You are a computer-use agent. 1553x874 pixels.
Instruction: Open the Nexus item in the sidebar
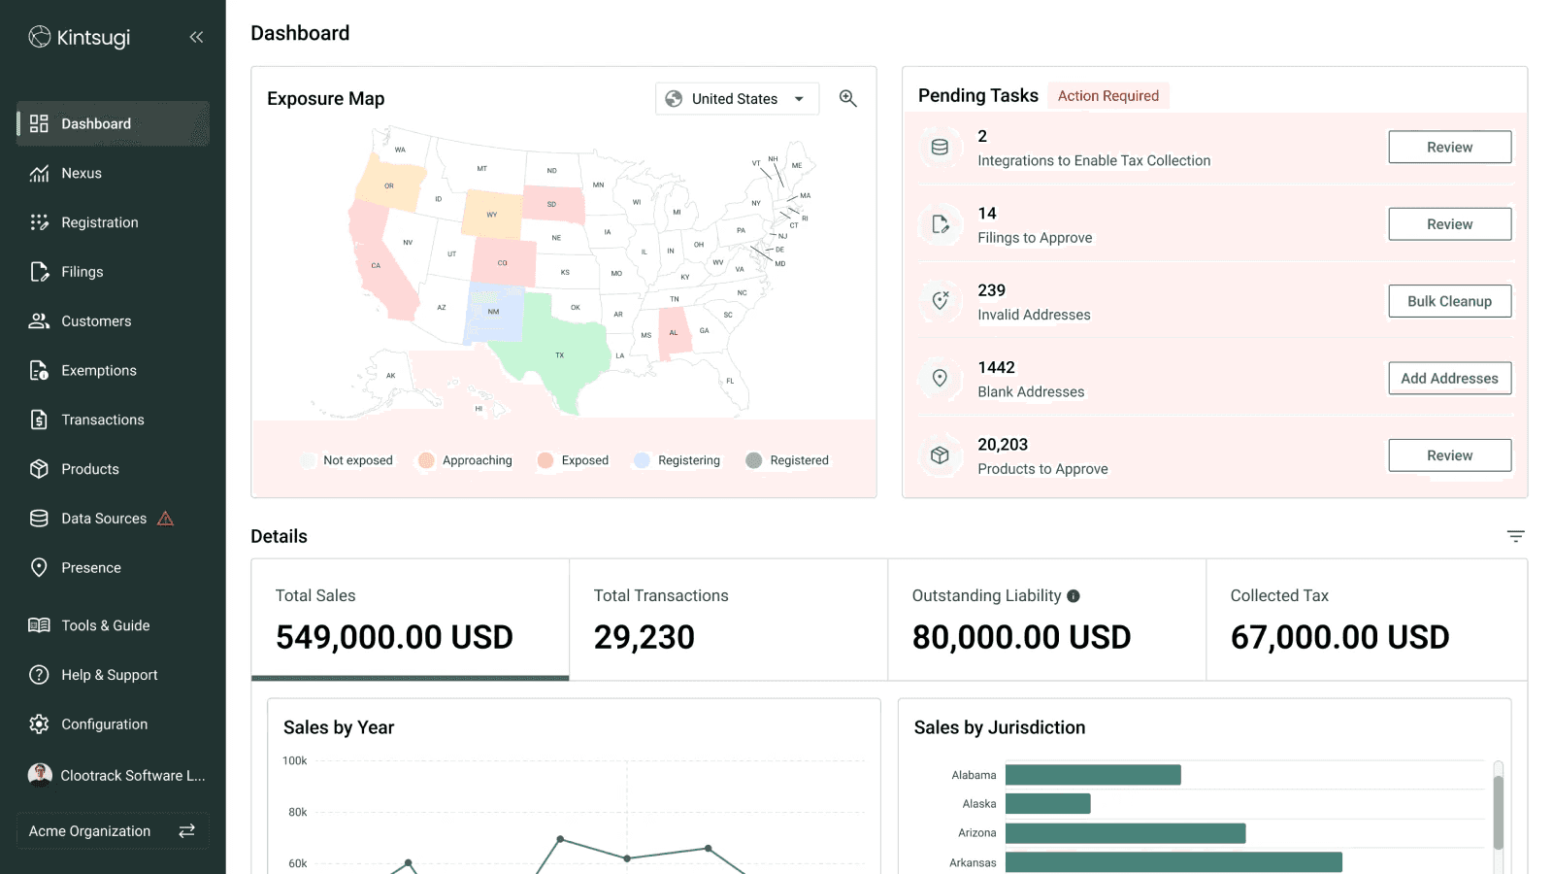click(82, 174)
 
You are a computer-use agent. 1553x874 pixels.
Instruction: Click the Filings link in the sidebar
click(82, 272)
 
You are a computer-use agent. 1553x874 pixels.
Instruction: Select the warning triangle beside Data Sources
click(166, 519)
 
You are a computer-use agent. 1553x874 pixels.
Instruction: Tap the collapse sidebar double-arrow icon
click(196, 37)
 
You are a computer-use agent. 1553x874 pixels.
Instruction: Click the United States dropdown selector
click(737, 99)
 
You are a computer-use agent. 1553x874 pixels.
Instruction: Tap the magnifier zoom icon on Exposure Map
click(847, 99)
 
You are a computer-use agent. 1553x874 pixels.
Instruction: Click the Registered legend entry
click(787, 460)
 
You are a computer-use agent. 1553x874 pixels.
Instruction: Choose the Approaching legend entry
click(465, 460)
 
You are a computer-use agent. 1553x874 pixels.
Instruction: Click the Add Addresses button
click(1449, 379)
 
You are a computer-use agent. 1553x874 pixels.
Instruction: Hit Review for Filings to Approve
click(1449, 224)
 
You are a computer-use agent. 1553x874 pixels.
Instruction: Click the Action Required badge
click(1107, 96)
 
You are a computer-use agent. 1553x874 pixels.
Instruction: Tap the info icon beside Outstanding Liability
click(1074, 596)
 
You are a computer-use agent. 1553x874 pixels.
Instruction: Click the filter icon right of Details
click(1515, 536)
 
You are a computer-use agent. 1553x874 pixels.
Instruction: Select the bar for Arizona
click(1125, 833)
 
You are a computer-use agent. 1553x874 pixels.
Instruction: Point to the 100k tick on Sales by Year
click(295, 761)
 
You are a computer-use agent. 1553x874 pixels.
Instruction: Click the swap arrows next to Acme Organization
click(186, 831)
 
